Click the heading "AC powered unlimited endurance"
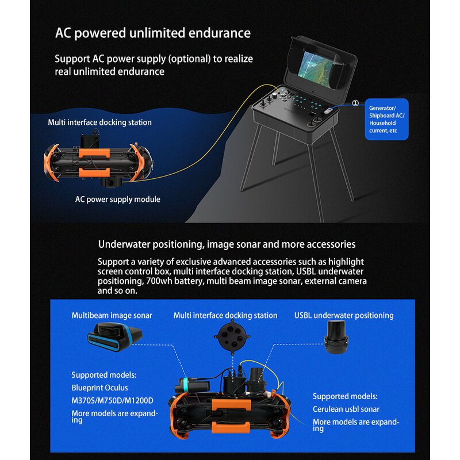[152, 33]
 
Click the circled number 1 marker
[355, 103]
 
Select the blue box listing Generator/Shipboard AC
[387, 119]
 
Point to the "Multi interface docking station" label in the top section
[99, 122]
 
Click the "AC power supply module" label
[117, 200]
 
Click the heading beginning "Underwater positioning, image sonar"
[227, 244]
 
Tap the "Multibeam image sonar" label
[112, 315]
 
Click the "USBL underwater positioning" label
[344, 315]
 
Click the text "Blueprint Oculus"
[99, 388]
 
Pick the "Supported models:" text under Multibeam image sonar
[103, 375]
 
